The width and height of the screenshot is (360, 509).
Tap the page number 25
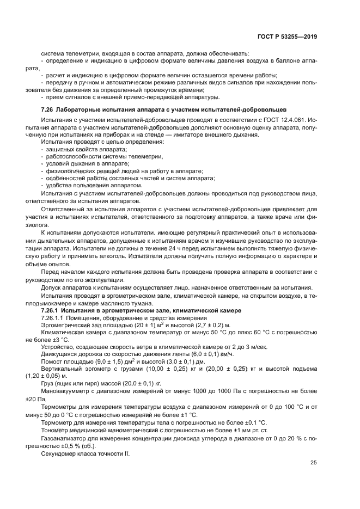tap(314, 463)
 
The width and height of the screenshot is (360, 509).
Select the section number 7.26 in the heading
tap(47, 109)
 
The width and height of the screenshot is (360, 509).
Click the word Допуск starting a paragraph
tap(51, 288)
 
